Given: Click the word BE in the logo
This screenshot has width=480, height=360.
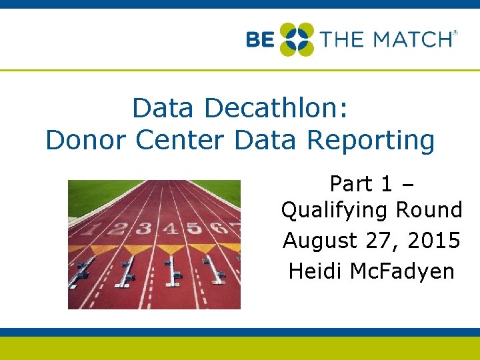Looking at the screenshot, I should [260, 39].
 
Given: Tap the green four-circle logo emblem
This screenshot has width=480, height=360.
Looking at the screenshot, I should [296, 39].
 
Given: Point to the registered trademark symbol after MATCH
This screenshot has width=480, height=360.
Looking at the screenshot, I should [455, 32].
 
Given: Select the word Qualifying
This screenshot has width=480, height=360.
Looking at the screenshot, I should [335, 211].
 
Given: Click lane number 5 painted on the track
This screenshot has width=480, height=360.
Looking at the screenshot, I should [194, 229].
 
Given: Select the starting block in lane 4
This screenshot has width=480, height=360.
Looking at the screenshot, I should [173, 270].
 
